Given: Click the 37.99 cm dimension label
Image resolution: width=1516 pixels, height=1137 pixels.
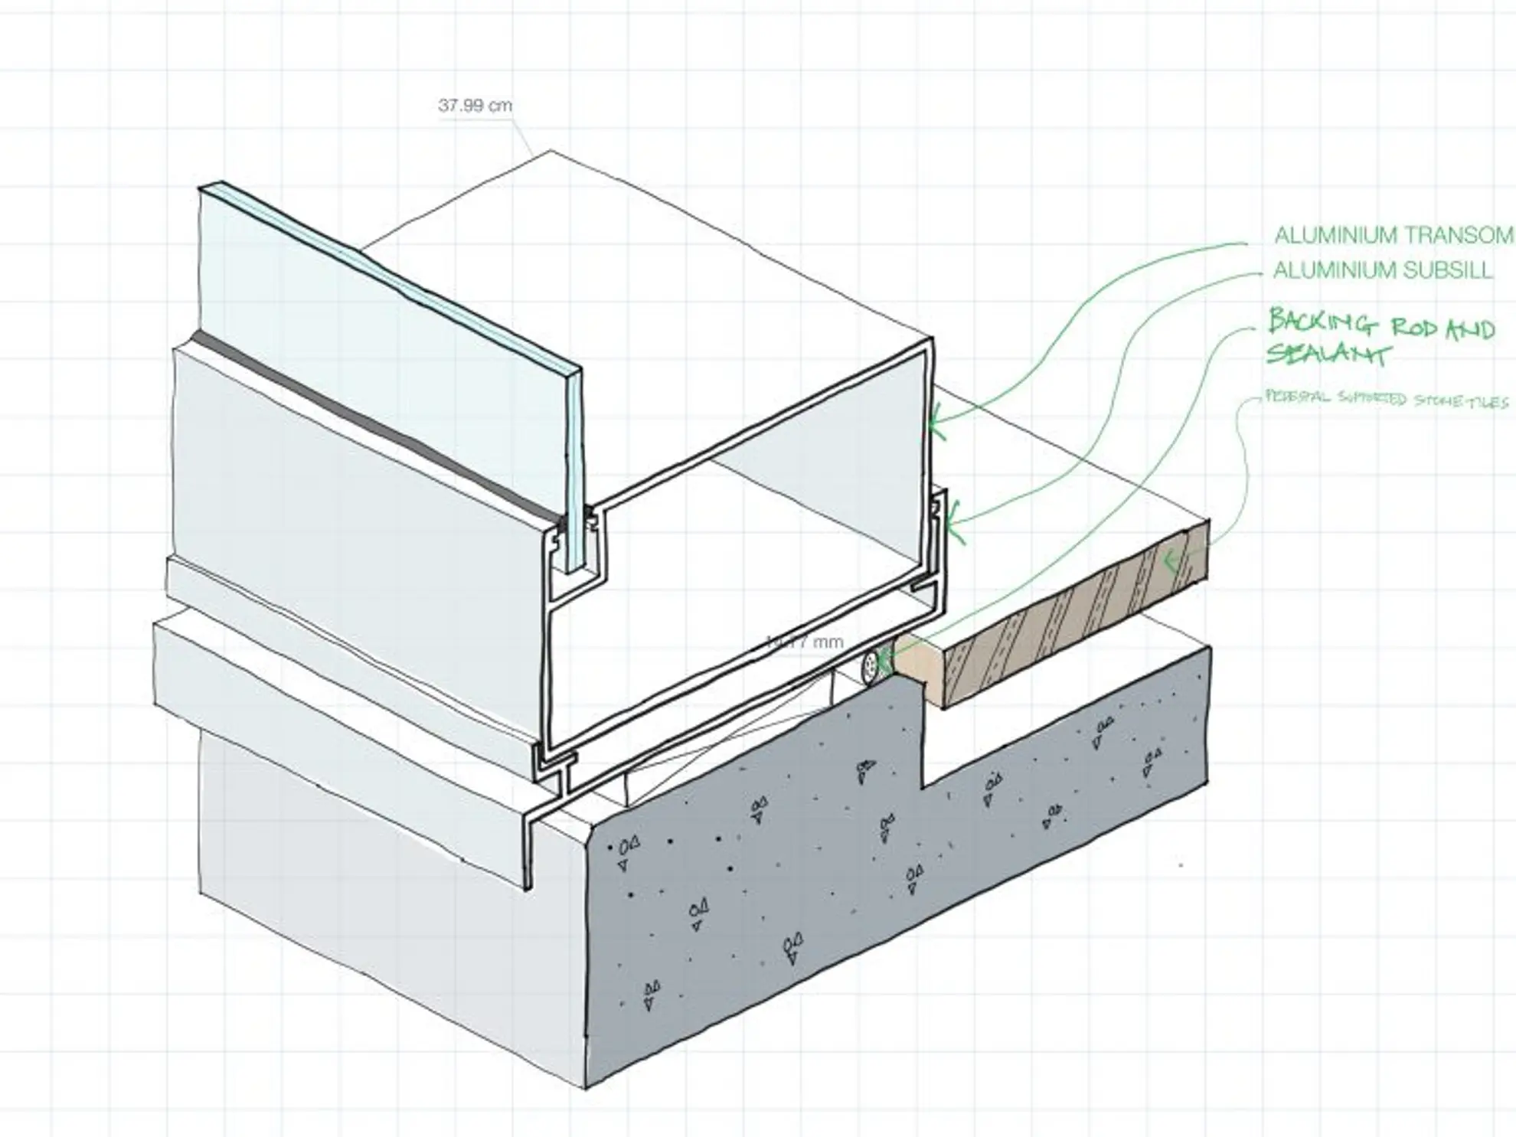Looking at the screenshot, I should [475, 106].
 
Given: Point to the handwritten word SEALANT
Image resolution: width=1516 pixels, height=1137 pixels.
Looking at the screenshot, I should [1328, 354].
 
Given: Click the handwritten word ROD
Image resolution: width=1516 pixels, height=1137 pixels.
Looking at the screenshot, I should [1413, 328].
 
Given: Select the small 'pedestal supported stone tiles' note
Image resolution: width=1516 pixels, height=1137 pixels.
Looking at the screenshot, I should [1386, 399].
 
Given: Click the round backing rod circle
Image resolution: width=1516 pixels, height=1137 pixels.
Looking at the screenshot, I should [870, 666].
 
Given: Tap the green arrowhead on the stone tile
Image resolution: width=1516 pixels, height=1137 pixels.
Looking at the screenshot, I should [1168, 563].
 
